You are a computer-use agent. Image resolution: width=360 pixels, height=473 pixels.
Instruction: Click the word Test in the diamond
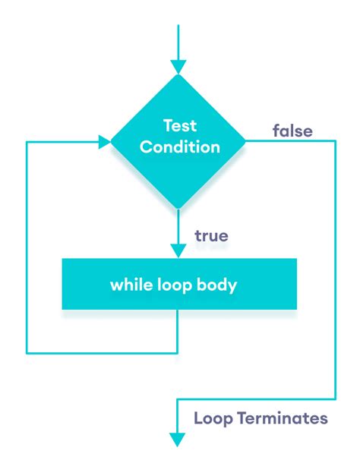(180, 125)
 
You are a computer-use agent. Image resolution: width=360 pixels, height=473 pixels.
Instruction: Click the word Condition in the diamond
(180, 147)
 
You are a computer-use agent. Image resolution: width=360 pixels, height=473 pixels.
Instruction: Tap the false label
(292, 131)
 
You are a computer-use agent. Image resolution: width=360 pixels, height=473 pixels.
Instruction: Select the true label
(211, 235)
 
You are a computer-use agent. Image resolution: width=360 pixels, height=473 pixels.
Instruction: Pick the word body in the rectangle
(216, 285)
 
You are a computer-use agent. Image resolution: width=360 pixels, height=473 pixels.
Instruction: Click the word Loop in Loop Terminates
(213, 419)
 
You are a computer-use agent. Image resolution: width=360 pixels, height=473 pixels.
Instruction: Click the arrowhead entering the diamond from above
(178, 67)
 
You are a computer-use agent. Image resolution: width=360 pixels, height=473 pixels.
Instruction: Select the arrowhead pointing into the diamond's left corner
(105, 142)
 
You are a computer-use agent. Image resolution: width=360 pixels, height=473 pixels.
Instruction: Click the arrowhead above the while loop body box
(178, 251)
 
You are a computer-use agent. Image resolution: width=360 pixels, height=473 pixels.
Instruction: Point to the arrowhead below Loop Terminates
(177, 440)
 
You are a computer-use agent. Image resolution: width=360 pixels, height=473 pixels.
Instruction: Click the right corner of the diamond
(245, 141)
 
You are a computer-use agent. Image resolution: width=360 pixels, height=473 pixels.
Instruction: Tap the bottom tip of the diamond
(178, 209)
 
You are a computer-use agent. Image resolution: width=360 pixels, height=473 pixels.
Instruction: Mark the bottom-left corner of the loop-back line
(27, 352)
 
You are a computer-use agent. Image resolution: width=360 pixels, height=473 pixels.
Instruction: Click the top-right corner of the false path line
(335, 141)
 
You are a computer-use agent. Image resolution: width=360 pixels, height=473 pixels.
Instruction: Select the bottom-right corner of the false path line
(335, 399)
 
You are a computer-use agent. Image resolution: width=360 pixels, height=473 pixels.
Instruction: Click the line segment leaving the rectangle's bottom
(177, 331)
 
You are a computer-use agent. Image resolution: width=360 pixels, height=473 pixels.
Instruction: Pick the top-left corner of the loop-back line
(27, 142)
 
